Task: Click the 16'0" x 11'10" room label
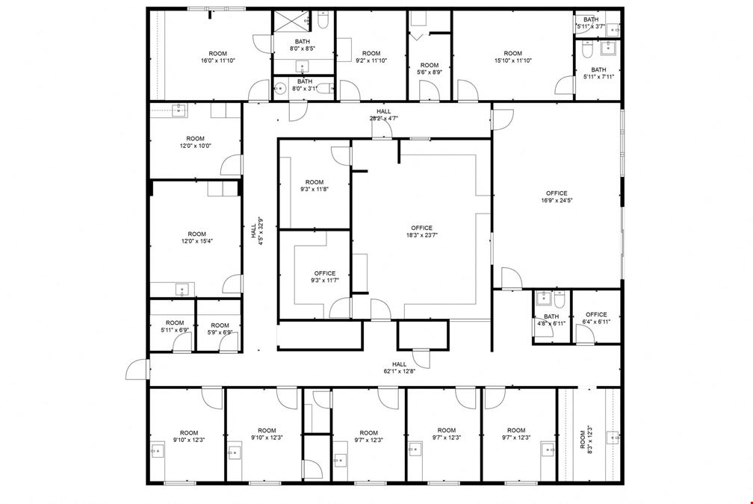pos(218,57)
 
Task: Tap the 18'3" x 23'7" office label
pos(421,231)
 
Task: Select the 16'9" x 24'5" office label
pos(557,197)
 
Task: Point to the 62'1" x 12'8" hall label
pos(399,367)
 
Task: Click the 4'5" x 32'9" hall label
pos(256,231)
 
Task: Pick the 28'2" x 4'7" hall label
pos(384,115)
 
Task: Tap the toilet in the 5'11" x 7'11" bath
pos(587,49)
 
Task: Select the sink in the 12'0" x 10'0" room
pos(180,110)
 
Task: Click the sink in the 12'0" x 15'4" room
pos(182,290)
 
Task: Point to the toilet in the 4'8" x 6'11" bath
pos(560,299)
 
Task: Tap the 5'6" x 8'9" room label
pos(430,69)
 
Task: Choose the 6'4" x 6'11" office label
pos(596,318)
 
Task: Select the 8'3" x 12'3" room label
pos(586,437)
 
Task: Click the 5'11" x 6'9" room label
pos(175,326)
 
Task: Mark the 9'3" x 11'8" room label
pos(314,185)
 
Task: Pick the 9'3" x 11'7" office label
pos(325,276)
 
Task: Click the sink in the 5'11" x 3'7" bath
pos(613,30)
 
